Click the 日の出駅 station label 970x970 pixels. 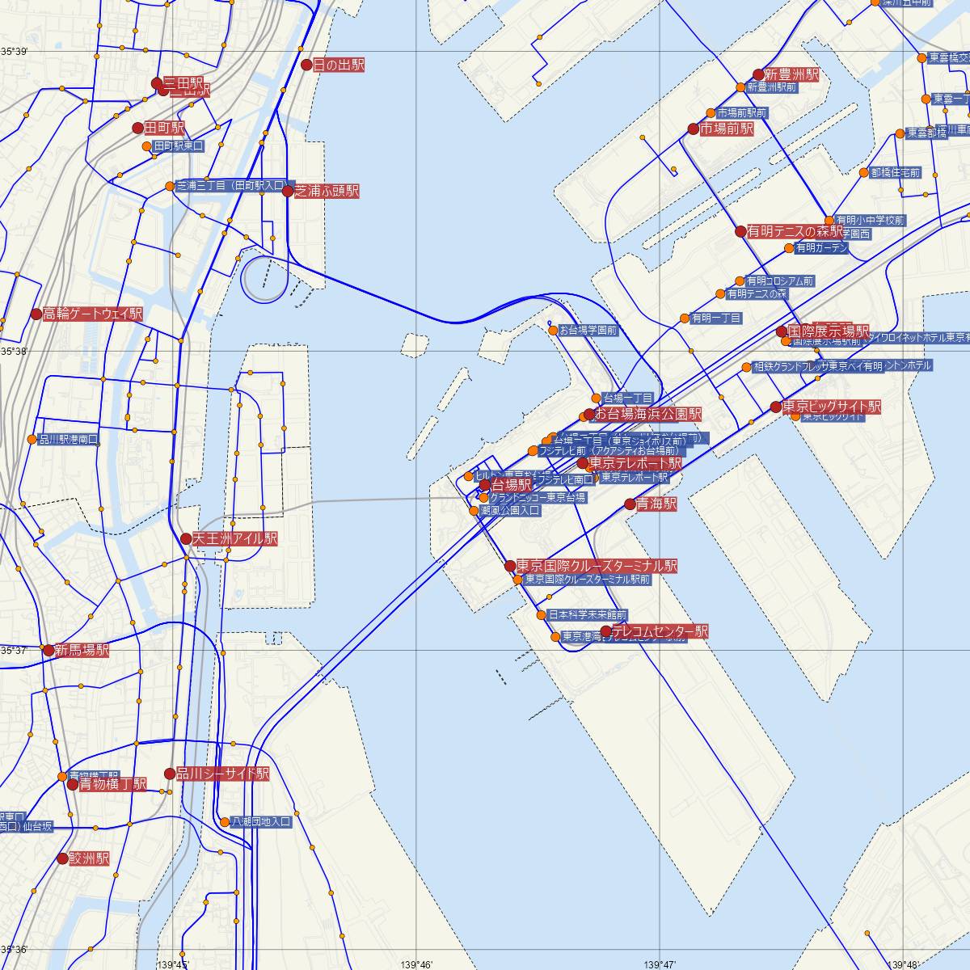click(x=339, y=65)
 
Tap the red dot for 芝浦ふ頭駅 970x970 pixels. click(x=288, y=192)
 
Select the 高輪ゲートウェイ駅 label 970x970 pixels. click(x=92, y=314)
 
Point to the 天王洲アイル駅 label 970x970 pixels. click(x=234, y=538)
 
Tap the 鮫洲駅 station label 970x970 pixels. click(x=89, y=858)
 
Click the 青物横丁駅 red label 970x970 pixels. click(x=112, y=784)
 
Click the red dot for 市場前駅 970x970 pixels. click(x=693, y=129)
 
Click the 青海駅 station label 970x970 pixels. click(x=656, y=504)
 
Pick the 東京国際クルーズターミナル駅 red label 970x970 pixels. click(x=597, y=566)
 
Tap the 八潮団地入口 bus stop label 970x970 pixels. click(x=261, y=822)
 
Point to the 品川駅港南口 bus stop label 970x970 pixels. click(x=69, y=440)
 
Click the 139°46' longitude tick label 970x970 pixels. click(x=415, y=964)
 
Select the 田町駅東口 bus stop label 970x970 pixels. click(x=179, y=146)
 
